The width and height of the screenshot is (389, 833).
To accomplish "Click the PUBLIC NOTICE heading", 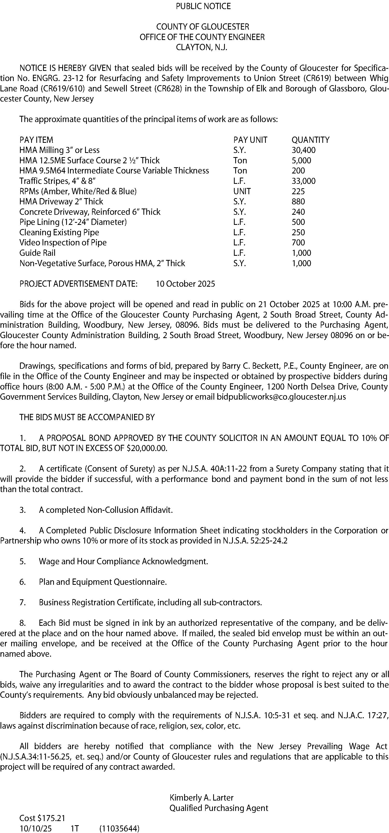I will (203, 6).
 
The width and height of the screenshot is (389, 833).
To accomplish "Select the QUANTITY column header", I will (310, 140).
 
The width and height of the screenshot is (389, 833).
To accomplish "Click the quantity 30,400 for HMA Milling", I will (303, 150).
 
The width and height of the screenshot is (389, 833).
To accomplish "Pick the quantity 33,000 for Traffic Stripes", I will (303, 181).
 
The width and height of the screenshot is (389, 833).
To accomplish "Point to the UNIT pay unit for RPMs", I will (242, 191).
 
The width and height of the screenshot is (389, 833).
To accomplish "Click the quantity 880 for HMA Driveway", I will (298, 201).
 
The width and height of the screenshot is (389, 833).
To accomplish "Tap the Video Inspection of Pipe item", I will (63, 243).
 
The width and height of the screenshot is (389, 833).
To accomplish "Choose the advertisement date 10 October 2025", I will (185, 284).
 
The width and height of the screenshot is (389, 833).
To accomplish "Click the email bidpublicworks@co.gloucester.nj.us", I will (281, 397).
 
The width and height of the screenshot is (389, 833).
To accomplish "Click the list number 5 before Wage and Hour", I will (22, 561).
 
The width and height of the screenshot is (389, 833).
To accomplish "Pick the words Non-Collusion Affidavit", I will (130, 510).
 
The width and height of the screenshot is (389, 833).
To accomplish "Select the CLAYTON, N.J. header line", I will (202, 47).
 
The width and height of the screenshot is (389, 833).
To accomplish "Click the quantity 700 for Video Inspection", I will (298, 243).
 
